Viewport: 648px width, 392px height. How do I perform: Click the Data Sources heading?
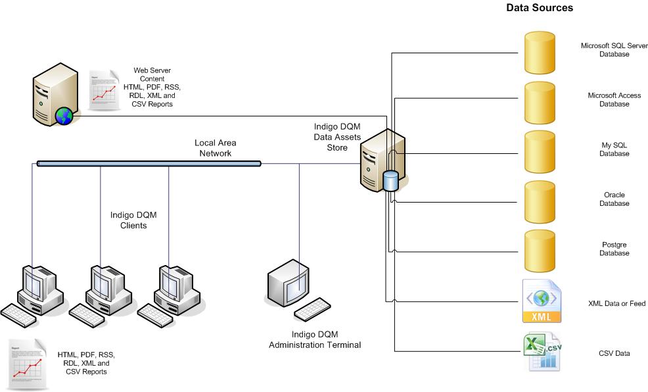click(x=540, y=8)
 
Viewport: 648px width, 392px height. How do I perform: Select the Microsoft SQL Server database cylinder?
click(x=540, y=52)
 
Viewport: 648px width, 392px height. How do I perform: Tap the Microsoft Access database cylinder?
click(x=540, y=102)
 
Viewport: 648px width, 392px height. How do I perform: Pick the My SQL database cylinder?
click(x=540, y=151)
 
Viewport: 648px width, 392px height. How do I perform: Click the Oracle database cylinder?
click(x=540, y=201)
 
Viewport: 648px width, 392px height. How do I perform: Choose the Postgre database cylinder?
click(x=540, y=250)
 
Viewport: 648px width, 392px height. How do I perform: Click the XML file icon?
click(x=542, y=302)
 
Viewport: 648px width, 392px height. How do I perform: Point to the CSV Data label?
click(x=614, y=354)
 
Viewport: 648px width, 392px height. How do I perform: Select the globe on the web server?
click(x=64, y=116)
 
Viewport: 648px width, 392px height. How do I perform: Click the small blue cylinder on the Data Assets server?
click(x=390, y=181)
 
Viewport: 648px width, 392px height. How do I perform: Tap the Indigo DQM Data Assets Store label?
click(x=337, y=136)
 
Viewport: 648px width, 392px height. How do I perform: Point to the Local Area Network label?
click(x=215, y=148)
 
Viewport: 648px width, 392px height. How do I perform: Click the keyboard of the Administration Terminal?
click(x=312, y=310)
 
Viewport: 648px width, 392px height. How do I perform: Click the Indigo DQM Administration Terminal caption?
click(x=315, y=339)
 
